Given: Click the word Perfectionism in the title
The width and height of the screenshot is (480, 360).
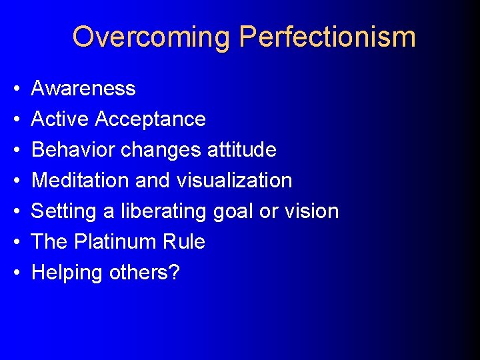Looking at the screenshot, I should tap(327, 37).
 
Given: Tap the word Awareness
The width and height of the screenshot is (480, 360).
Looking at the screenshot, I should tap(83, 88).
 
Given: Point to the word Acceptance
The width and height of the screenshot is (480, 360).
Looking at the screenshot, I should tap(150, 119).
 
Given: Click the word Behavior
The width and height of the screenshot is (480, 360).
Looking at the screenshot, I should tap(72, 149).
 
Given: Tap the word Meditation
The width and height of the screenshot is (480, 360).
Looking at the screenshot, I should tap(79, 180).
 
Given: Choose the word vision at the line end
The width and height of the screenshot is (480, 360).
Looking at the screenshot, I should tap(311, 211).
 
